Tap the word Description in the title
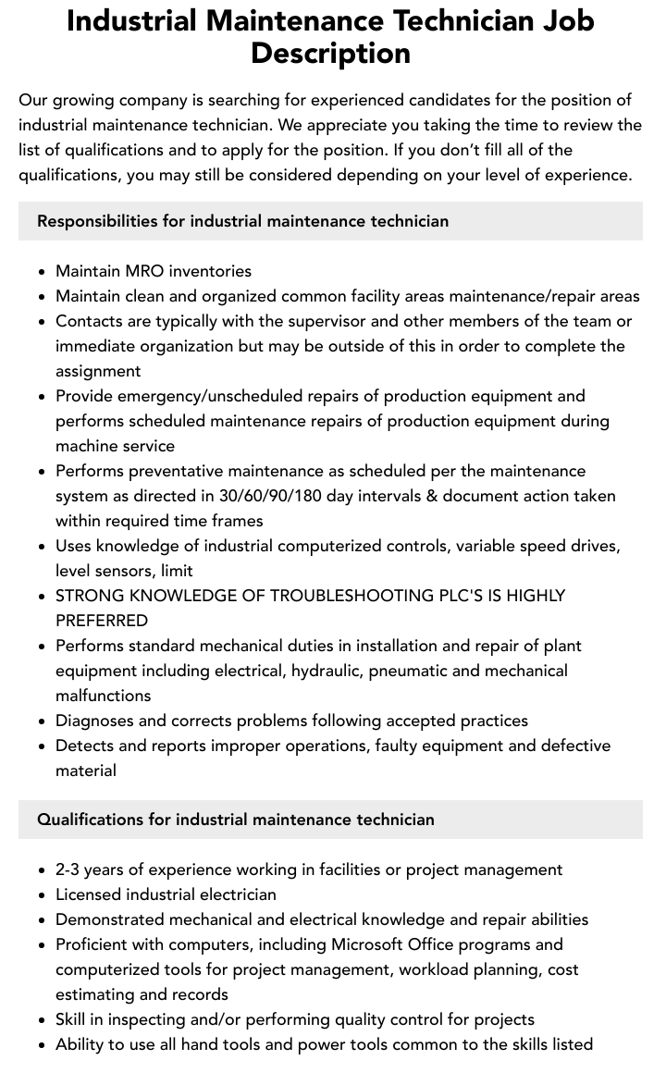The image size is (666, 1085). pyautogui.click(x=331, y=53)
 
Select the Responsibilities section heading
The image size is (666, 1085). pyautogui.click(x=242, y=221)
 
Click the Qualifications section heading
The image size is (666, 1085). pyautogui.click(x=236, y=820)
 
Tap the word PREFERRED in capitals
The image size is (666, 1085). pyautogui.click(x=102, y=621)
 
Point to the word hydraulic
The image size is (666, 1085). pyautogui.click(x=327, y=671)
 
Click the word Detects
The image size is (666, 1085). pyautogui.click(x=83, y=746)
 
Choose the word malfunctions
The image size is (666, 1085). pyautogui.click(x=104, y=696)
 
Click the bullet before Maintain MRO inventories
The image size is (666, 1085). pyautogui.click(x=43, y=272)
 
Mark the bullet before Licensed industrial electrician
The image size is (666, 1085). pyautogui.click(x=43, y=895)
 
